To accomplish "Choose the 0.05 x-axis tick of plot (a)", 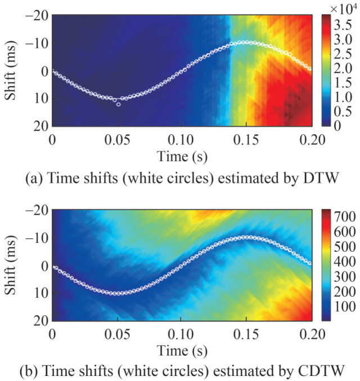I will click(x=117, y=136).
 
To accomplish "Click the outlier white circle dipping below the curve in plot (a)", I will click(x=118, y=105).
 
